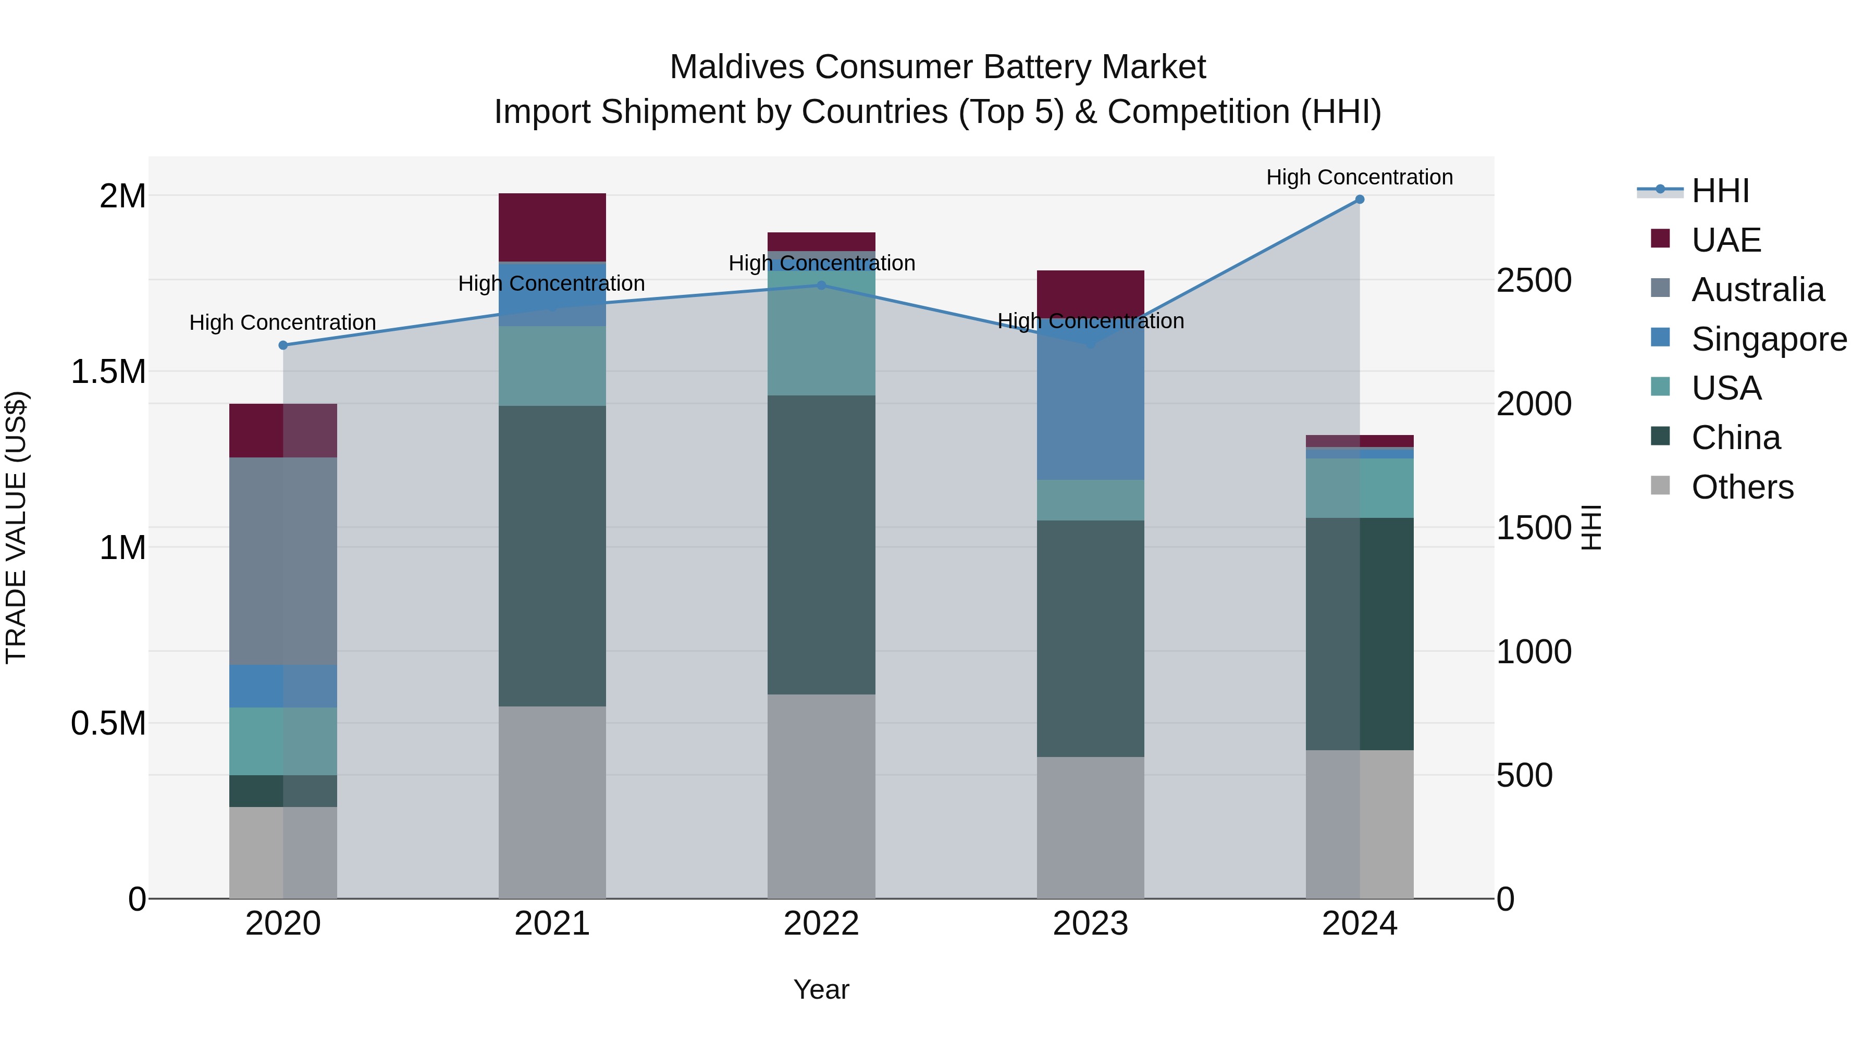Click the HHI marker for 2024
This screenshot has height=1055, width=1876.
pos(1359,200)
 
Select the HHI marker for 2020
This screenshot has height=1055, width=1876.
pos(283,345)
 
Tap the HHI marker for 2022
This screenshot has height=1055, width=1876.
pos(821,286)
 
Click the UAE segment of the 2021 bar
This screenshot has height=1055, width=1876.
pos(552,227)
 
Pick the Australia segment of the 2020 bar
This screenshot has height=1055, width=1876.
pos(283,561)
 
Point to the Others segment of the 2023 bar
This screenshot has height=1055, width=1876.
pos(1090,827)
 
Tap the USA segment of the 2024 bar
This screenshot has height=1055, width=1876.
pos(1359,488)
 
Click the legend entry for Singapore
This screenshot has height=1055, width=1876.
pos(1768,339)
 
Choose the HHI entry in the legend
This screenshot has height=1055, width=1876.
pos(1720,191)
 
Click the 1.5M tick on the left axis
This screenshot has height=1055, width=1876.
pos(108,372)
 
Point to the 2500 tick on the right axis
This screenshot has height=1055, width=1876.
pos(1534,281)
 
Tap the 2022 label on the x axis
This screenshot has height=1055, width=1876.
pos(821,924)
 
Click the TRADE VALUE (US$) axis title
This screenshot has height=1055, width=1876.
pos(17,527)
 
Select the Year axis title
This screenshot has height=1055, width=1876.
pos(821,989)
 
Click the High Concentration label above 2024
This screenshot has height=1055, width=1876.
pos(1359,177)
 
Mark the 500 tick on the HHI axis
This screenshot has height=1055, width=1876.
pos(1524,775)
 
